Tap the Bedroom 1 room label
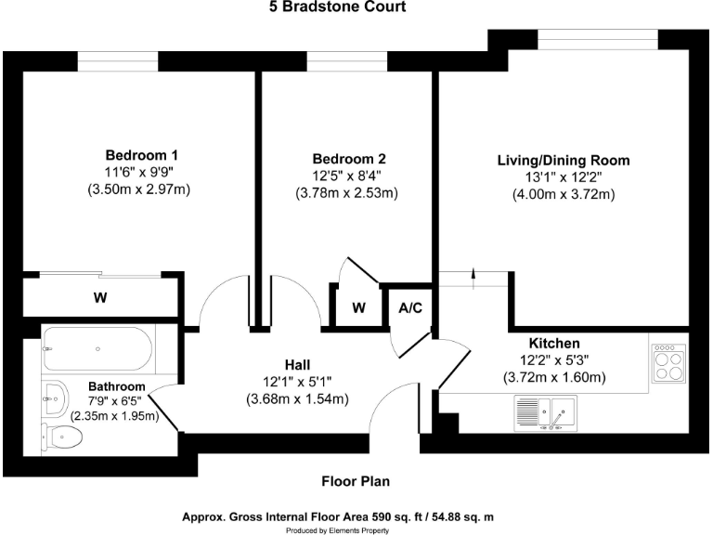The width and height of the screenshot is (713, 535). (x=141, y=155)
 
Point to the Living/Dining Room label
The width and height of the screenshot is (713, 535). (x=564, y=161)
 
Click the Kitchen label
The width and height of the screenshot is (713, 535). (x=554, y=343)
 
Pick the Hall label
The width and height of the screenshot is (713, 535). (x=297, y=363)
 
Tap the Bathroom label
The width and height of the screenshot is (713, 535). (x=117, y=386)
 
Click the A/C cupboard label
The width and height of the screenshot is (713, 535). (x=410, y=307)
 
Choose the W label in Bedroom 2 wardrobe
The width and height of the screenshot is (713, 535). (x=357, y=307)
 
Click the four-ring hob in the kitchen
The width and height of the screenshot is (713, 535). (x=668, y=362)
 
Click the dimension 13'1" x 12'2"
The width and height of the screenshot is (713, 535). (x=564, y=177)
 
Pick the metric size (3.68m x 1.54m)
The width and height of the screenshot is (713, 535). (x=297, y=399)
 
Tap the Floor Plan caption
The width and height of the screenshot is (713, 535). (x=356, y=481)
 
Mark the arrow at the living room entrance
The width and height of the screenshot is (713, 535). (x=474, y=273)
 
